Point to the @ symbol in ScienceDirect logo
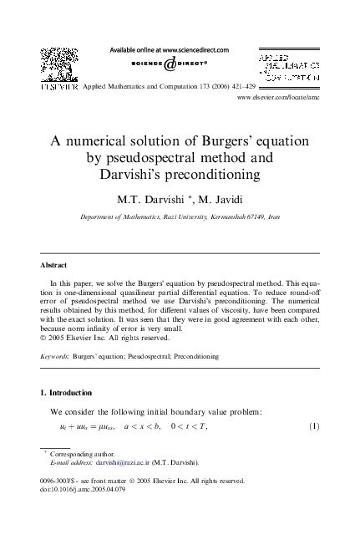pyautogui.click(x=170, y=65)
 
